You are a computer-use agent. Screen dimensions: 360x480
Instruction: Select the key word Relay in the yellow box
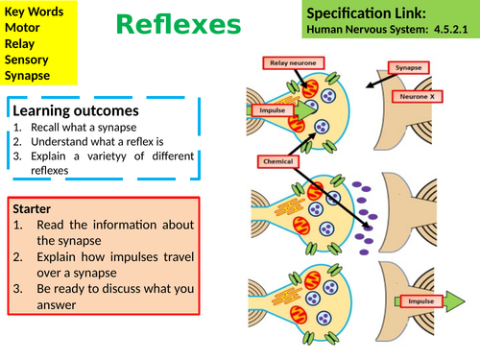tap(22, 44)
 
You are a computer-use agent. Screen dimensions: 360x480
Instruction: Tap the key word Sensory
tap(28, 60)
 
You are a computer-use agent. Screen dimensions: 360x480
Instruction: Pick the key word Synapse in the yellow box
tap(29, 75)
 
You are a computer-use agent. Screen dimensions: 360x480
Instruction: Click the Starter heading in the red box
tap(36, 207)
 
